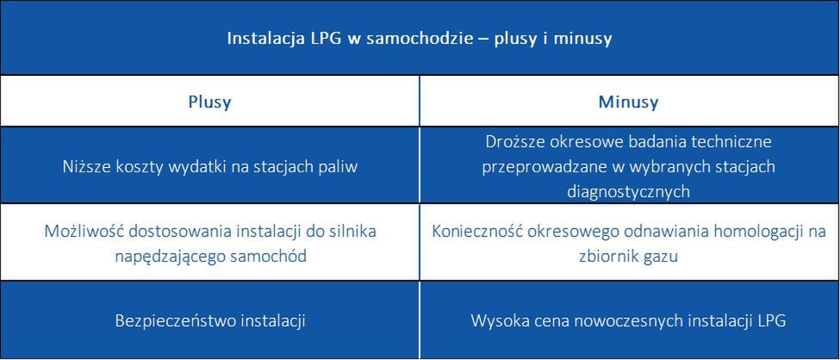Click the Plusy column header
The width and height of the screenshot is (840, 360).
tap(209, 102)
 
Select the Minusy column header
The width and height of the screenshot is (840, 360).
tap(628, 102)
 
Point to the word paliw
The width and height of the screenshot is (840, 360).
tap(339, 166)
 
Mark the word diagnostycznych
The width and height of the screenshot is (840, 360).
tap(628, 191)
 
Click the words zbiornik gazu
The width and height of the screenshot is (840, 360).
tap(628, 256)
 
